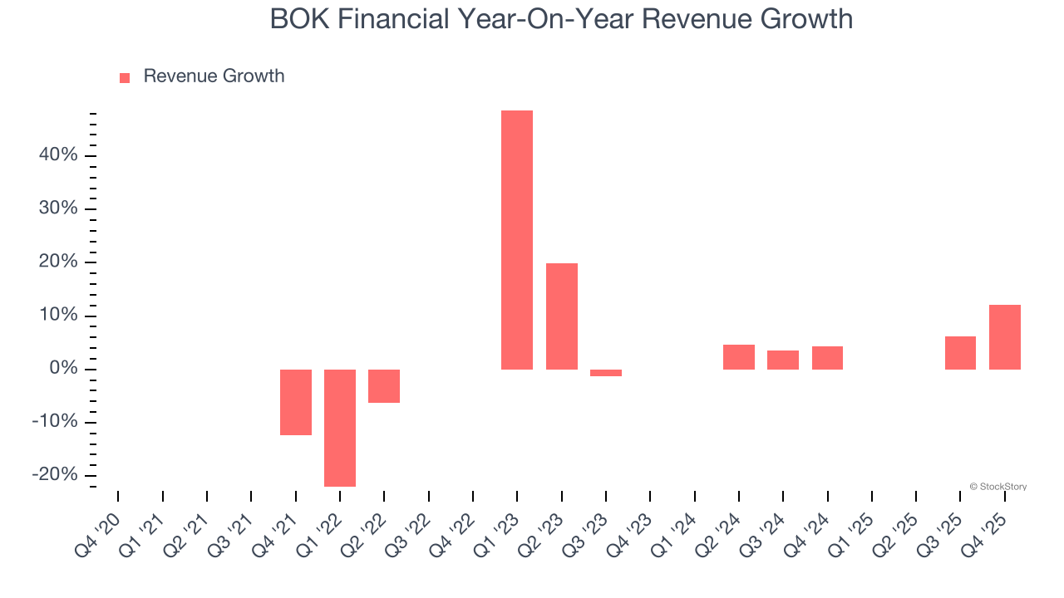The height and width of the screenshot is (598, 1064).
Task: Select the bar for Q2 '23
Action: (x=562, y=316)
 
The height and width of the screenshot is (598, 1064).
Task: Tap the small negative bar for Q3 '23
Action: (x=606, y=373)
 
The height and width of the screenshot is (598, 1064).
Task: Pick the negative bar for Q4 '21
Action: (x=296, y=402)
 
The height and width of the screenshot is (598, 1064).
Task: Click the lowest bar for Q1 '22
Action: (x=340, y=428)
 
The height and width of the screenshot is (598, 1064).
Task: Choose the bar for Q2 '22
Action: (x=384, y=386)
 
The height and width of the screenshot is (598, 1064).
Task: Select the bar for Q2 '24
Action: (x=739, y=357)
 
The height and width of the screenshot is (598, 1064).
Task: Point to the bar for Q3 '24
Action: (x=783, y=360)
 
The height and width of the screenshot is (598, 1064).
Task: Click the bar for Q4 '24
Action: (x=827, y=358)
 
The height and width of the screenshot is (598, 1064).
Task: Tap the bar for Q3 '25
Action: (x=960, y=353)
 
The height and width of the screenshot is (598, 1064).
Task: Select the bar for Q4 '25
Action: (x=1005, y=337)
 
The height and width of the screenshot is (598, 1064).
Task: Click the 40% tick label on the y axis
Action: (x=57, y=155)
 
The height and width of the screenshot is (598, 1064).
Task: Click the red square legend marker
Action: (x=125, y=77)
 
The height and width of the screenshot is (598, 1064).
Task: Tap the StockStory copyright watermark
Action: (x=998, y=487)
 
